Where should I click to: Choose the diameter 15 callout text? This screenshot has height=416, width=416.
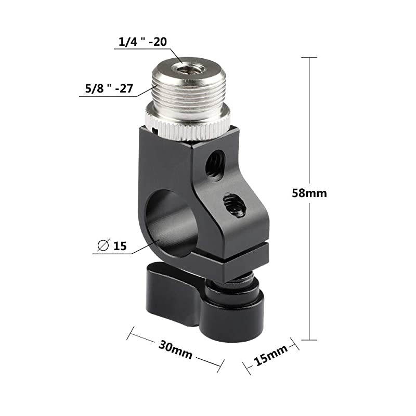pyautogui.click(x=114, y=245)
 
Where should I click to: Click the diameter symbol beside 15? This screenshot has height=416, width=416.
pyautogui.click(x=102, y=245)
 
